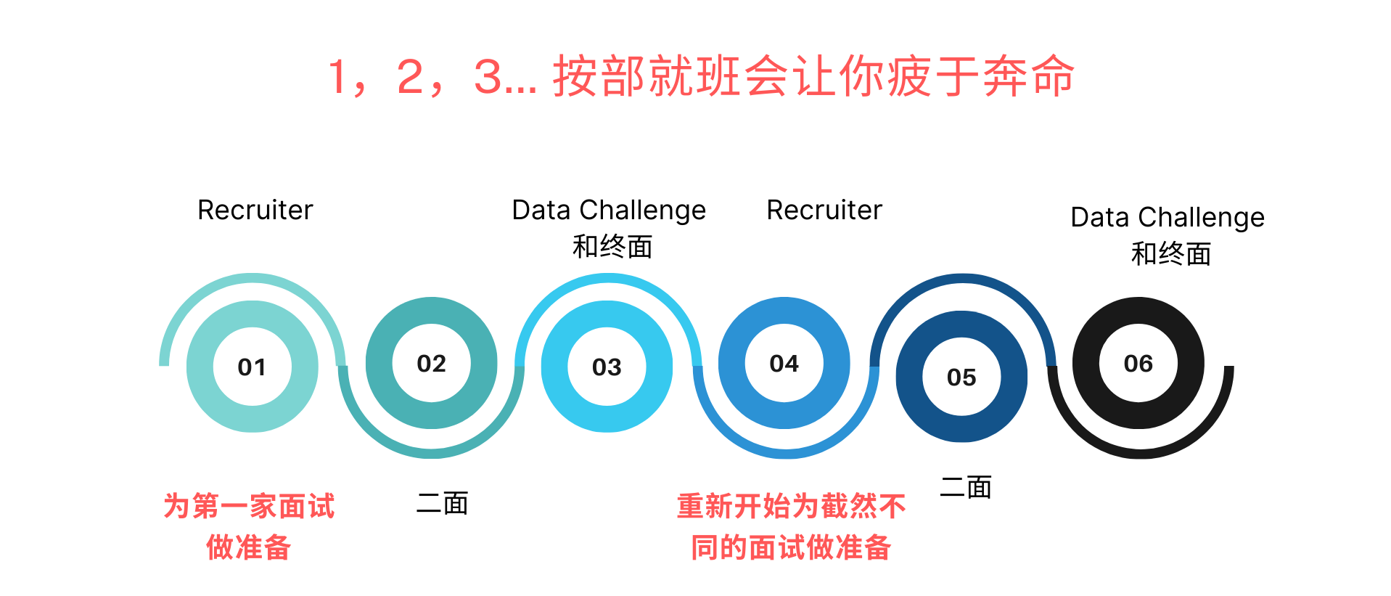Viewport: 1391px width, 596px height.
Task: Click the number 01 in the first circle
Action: (x=252, y=367)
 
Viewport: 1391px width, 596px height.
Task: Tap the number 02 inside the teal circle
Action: (x=431, y=364)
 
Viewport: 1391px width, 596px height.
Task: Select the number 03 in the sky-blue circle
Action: (x=607, y=367)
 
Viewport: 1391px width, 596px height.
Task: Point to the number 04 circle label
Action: (x=784, y=364)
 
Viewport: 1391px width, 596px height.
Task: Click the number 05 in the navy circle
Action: (x=961, y=377)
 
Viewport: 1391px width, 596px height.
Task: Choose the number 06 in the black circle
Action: (x=1138, y=364)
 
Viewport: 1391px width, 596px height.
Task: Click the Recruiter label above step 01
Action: (x=255, y=211)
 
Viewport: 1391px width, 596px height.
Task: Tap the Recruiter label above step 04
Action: (x=824, y=211)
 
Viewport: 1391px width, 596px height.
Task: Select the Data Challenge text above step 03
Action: (x=608, y=211)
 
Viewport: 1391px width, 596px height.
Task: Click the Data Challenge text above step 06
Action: (x=1167, y=218)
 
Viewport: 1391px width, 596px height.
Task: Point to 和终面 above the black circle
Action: (x=1170, y=254)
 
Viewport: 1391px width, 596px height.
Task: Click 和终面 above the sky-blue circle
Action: (x=612, y=247)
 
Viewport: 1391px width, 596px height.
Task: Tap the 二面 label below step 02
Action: (x=442, y=503)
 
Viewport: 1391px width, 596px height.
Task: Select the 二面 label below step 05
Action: (x=965, y=487)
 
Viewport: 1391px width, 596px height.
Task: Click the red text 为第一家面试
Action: (x=249, y=506)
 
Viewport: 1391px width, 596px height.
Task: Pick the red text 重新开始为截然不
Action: (x=791, y=506)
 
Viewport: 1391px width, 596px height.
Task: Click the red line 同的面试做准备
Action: (x=791, y=547)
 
